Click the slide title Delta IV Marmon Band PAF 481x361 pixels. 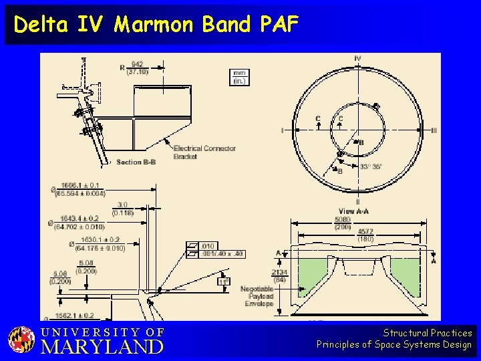[x=156, y=25]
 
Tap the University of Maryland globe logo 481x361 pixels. [x=21, y=340]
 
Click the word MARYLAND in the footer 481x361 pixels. [x=102, y=347]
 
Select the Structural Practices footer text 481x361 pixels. [x=428, y=333]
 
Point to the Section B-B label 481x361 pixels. [x=136, y=162]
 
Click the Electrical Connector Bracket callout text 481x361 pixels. [x=204, y=152]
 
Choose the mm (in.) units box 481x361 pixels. [x=239, y=77]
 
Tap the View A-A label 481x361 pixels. [x=354, y=211]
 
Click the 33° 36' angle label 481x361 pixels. [x=371, y=166]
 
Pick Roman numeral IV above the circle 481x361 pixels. [x=357, y=59]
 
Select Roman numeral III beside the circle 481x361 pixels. [x=434, y=130]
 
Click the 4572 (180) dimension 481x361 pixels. [x=365, y=235]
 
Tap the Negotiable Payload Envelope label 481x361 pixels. [x=258, y=296]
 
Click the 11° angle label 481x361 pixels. [x=223, y=281]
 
